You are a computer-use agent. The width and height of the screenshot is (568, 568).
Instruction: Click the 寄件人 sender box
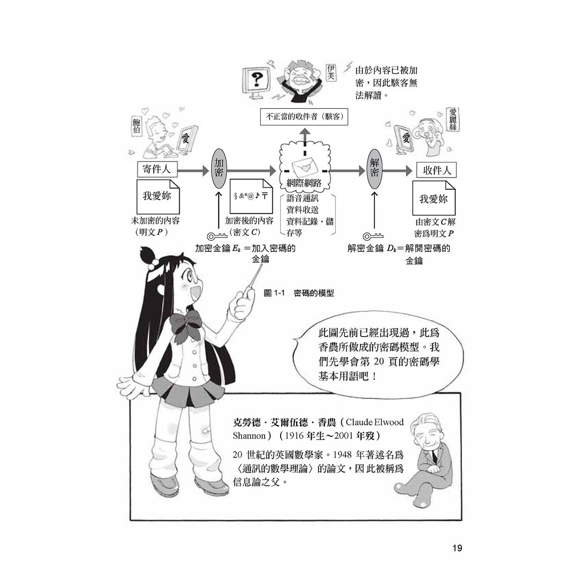157,169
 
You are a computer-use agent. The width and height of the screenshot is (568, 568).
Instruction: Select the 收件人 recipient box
437,170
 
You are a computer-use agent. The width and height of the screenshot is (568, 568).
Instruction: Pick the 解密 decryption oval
374,169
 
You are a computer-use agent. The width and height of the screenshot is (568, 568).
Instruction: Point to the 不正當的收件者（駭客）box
304,116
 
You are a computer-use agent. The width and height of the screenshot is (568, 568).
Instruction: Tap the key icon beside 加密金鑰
217,236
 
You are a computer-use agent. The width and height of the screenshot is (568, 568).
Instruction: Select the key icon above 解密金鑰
373,236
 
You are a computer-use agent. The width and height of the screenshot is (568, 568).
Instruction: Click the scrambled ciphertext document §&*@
251,196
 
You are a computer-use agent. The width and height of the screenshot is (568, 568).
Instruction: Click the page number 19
457,547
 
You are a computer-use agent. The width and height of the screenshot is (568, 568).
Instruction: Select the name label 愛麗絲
453,119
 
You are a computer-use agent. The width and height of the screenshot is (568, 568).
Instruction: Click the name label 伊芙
331,73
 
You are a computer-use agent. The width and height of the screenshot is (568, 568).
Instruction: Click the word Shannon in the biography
249,436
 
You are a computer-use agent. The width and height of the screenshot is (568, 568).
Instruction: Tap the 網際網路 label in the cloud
304,183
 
